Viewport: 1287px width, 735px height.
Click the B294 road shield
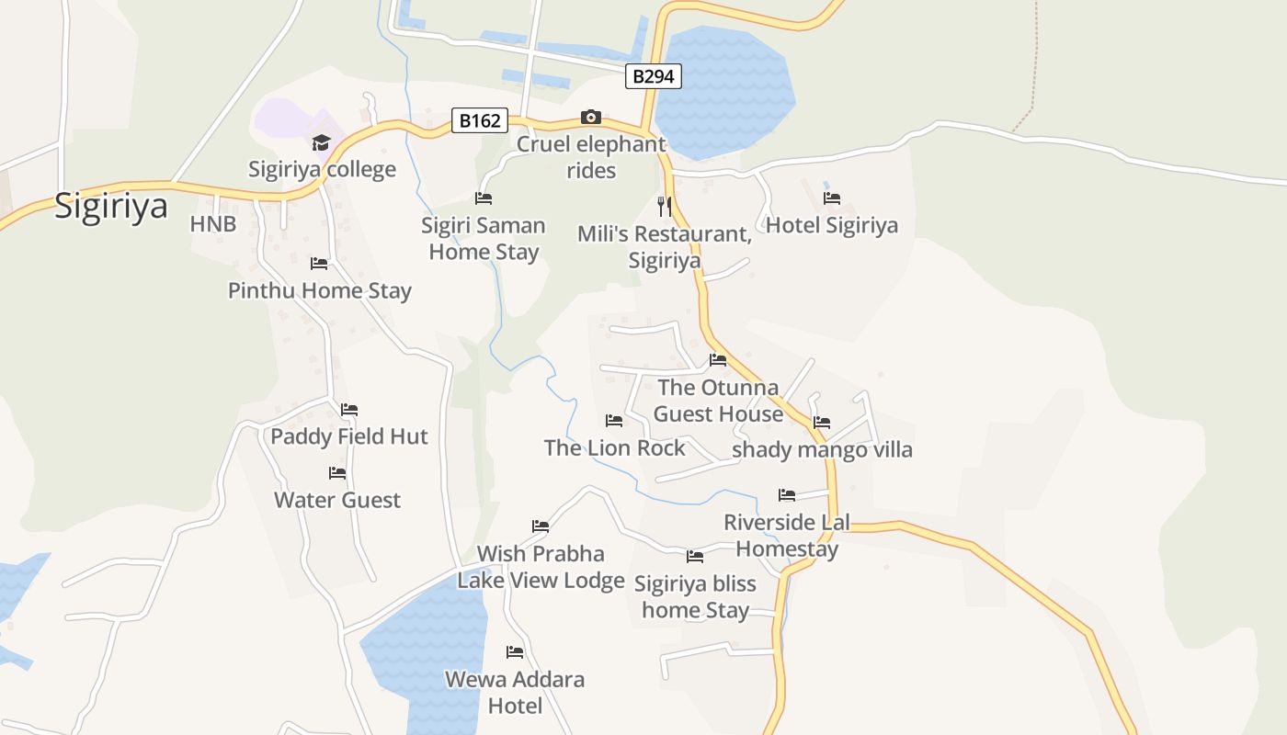click(654, 76)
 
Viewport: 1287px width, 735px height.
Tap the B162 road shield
click(479, 120)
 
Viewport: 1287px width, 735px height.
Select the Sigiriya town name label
click(111, 205)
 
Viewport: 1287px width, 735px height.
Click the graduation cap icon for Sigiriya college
click(321, 142)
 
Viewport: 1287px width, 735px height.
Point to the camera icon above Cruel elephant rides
click(591, 117)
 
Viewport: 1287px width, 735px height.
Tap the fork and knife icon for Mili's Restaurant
click(665, 206)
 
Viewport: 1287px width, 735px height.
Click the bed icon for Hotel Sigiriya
click(832, 198)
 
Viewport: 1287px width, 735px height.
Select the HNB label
click(213, 224)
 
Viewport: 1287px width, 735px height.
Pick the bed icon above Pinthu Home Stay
click(319, 264)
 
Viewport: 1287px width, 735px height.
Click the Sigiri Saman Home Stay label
click(484, 239)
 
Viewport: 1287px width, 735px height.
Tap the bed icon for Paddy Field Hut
click(349, 410)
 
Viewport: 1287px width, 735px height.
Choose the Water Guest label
click(337, 501)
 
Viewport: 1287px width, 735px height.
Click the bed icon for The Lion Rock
click(614, 421)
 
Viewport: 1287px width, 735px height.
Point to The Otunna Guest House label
click(718, 401)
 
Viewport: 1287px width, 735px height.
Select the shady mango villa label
click(822, 450)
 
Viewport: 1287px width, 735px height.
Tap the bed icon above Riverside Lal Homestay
click(787, 495)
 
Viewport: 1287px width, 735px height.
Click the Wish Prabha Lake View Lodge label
click(541, 567)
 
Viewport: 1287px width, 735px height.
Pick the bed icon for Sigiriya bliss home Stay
click(695, 557)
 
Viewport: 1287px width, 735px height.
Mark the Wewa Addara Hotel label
click(515, 693)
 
